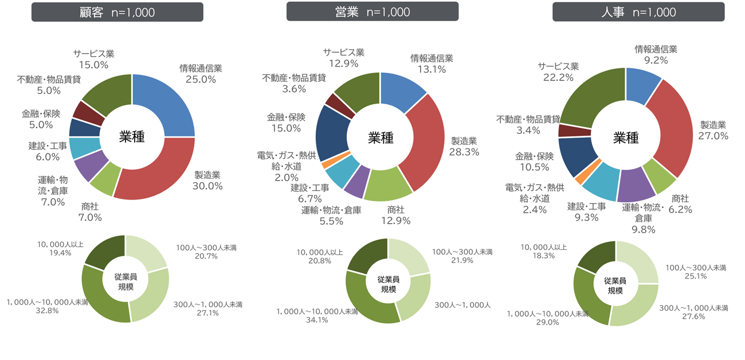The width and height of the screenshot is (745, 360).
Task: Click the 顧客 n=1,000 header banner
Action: (x=117, y=12)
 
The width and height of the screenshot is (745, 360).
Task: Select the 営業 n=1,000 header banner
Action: (x=372, y=11)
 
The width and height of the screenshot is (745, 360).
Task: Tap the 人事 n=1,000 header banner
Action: (x=638, y=12)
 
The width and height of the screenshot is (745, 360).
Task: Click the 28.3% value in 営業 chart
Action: (x=464, y=152)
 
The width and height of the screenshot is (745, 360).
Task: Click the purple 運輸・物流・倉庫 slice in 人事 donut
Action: (x=636, y=184)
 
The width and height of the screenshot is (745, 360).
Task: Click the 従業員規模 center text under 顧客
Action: (x=126, y=281)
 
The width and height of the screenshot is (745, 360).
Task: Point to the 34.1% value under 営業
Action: (x=317, y=320)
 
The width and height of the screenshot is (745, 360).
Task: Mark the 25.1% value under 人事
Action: (x=695, y=276)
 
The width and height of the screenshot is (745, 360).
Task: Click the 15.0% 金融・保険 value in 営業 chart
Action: (x=286, y=128)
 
